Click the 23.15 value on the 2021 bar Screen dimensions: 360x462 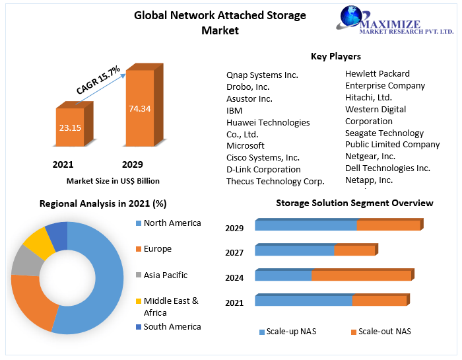tap(69, 127)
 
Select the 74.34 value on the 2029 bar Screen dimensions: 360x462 tap(140, 108)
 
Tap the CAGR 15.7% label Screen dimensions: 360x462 tap(98, 79)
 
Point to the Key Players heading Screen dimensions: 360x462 tap(336, 56)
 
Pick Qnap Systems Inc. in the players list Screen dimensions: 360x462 tap(262, 75)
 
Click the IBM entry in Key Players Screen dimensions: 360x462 tap(234, 110)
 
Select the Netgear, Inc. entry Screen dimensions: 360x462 tap(370, 156)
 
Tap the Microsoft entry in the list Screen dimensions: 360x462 tap(246, 145)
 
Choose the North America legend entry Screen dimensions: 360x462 tap(172, 223)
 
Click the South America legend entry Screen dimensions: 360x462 tap(172, 326)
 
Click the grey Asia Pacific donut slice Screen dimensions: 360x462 tap(25, 260)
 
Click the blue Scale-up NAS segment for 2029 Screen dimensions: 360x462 tap(306, 226)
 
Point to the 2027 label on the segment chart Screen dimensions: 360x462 tap(234, 253)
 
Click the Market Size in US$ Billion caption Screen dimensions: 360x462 tap(113, 181)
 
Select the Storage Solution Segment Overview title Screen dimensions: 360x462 tap(354, 203)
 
